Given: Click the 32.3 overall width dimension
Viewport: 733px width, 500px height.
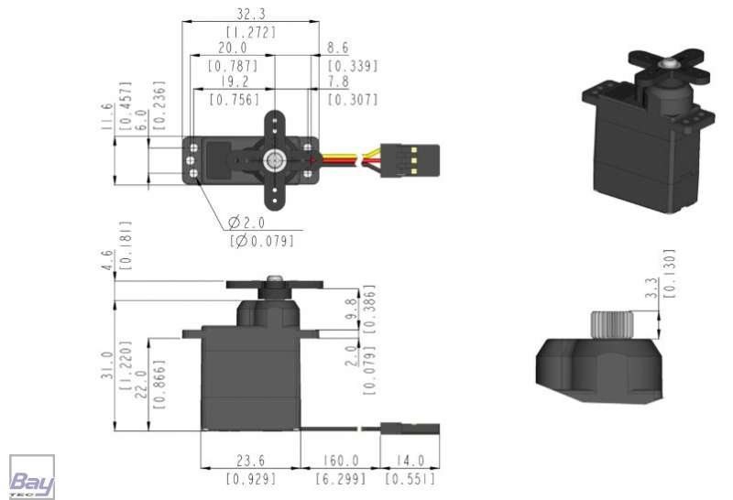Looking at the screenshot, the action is (x=250, y=14).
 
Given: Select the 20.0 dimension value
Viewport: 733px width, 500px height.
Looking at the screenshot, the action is (x=233, y=48).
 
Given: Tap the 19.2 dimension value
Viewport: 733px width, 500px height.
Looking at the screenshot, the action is (x=235, y=82).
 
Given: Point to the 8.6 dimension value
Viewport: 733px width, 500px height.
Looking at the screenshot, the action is (x=337, y=48).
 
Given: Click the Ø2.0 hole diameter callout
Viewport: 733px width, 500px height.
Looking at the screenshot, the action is (x=246, y=223).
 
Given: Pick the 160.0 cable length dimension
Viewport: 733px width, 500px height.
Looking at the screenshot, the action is (x=341, y=461).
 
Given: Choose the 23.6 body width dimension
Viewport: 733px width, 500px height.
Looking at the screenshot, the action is (x=250, y=461).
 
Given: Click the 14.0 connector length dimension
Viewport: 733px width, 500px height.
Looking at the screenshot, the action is (x=410, y=461).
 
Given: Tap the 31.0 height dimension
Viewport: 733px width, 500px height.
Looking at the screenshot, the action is (x=107, y=365).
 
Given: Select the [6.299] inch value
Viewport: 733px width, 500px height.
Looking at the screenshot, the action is (x=340, y=479).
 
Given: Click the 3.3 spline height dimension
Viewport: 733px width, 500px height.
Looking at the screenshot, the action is (x=651, y=288).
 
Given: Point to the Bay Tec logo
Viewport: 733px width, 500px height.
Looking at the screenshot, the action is (x=32, y=476).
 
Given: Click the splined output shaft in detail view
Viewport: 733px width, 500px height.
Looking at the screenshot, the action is (x=611, y=324).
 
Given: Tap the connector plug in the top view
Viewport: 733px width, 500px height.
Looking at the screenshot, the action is (x=410, y=161).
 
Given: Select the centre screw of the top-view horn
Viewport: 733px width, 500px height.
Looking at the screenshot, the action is (x=274, y=161).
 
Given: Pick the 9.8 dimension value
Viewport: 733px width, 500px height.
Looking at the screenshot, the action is (x=352, y=309).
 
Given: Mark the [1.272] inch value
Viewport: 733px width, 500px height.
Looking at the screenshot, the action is (x=251, y=32).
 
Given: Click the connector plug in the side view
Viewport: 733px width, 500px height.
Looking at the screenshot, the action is (x=410, y=428).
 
